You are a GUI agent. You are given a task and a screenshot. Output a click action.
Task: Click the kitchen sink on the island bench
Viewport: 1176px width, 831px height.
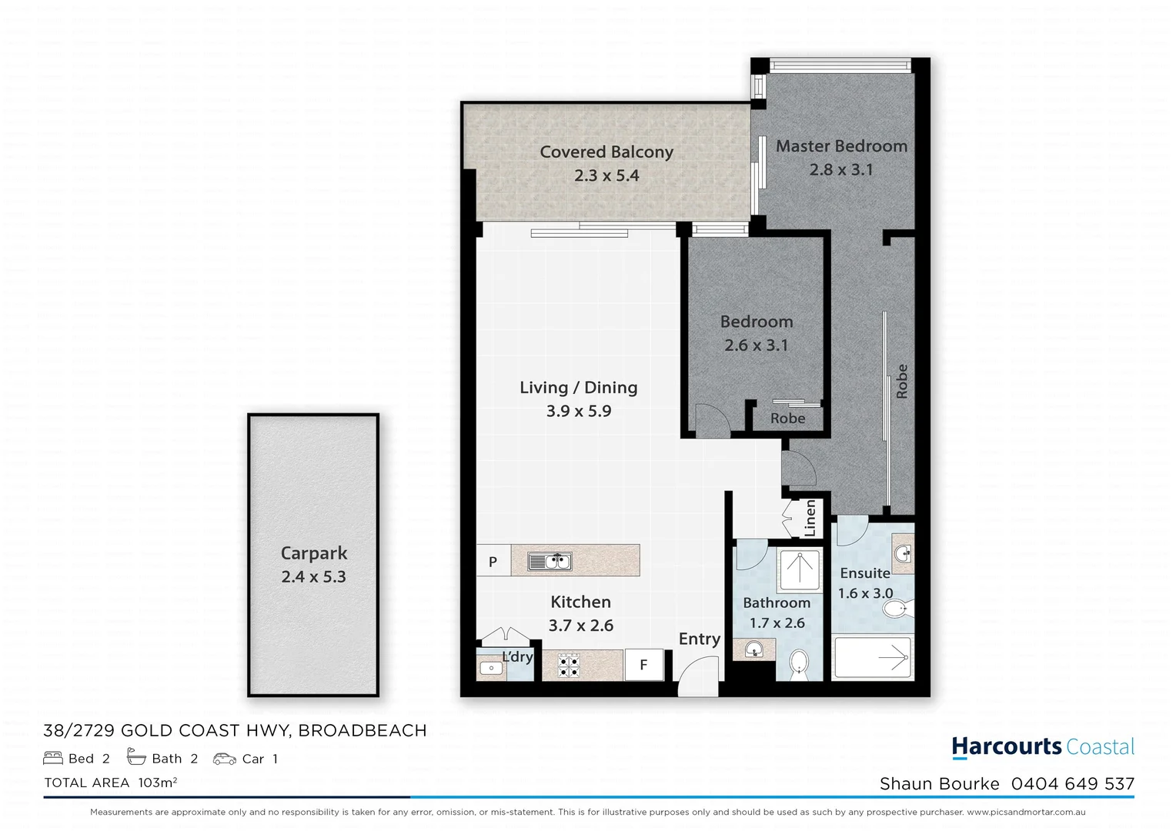(549, 562)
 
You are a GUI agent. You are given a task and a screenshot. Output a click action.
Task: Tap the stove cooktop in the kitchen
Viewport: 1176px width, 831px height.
(569, 665)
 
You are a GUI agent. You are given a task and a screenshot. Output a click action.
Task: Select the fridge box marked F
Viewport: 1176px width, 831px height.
(643, 666)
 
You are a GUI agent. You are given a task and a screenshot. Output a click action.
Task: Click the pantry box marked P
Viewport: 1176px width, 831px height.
(493, 562)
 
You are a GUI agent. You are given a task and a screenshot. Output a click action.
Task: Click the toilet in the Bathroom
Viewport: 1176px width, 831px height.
(800, 663)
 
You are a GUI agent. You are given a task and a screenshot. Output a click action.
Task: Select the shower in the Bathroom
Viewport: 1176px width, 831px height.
(799, 570)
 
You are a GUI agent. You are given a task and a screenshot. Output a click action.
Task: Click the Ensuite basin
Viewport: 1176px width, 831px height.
(904, 552)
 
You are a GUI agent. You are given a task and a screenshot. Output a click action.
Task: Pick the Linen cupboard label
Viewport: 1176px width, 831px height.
(810, 518)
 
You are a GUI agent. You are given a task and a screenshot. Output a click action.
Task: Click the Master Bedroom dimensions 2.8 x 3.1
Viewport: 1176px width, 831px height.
(841, 169)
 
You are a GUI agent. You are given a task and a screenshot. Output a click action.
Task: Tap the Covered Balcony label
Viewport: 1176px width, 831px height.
(606, 152)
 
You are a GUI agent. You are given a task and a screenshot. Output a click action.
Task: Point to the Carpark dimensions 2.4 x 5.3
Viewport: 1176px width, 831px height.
(313, 576)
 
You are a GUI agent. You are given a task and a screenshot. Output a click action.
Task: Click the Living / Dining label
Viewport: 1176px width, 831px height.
(578, 388)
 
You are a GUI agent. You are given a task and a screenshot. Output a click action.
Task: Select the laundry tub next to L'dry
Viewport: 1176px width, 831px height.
(490, 668)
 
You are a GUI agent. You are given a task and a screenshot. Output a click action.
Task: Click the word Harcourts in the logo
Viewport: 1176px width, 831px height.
(1006, 746)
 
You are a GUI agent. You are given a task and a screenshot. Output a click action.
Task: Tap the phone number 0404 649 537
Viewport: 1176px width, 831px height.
(1072, 783)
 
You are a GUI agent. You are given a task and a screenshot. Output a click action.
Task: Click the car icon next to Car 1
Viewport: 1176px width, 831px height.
(225, 759)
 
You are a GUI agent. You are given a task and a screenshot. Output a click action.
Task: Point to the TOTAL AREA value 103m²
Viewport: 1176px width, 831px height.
(158, 783)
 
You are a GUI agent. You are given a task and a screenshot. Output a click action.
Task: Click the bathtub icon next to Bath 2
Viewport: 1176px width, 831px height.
(136, 758)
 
